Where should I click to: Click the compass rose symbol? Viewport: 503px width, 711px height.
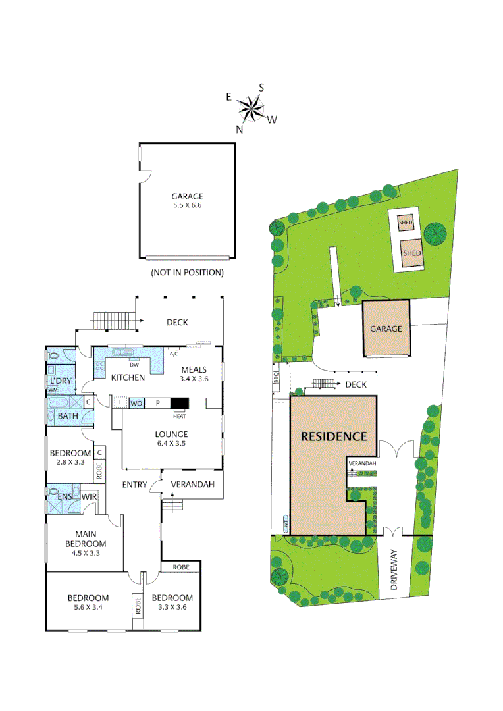[x=251, y=109]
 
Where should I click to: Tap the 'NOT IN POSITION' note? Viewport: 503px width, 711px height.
[x=187, y=272]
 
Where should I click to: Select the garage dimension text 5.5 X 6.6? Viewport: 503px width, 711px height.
[x=187, y=206]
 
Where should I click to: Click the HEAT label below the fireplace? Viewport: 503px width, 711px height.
[x=179, y=416]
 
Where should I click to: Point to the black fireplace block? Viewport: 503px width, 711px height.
[x=179, y=403]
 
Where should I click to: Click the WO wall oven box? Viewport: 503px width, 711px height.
[x=136, y=403]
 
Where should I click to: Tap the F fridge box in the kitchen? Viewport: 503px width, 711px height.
[x=120, y=402]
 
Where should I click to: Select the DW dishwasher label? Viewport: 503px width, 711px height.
[x=134, y=365]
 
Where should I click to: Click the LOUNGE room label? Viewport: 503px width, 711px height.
[x=171, y=434]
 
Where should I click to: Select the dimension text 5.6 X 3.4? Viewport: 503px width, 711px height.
[x=88, y=608]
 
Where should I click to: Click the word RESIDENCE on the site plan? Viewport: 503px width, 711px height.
[x=334, y=436]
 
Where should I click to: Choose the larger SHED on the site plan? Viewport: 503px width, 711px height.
[x=412, y=253]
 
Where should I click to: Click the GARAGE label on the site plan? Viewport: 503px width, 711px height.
[x=385, y=329]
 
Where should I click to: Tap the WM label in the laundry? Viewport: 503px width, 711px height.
[x=51, y=390]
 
